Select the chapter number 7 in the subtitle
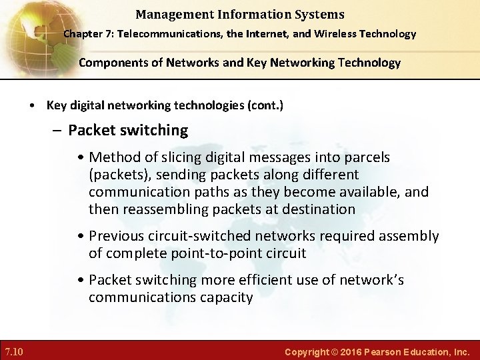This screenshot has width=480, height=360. [x=107, y=34]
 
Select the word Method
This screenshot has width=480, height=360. [x=113, y=157]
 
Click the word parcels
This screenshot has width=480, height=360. [x=365, y=157]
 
